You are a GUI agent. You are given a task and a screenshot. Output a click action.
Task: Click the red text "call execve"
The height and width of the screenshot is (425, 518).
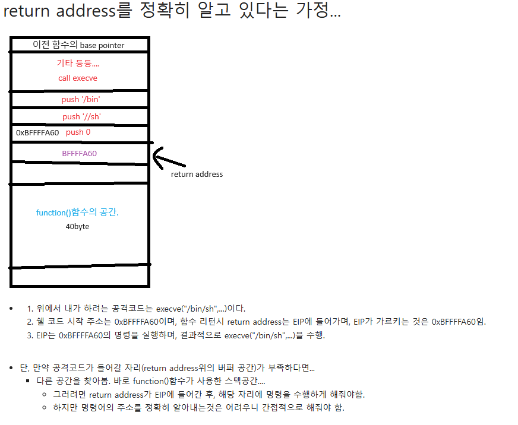click(x=78, y=78)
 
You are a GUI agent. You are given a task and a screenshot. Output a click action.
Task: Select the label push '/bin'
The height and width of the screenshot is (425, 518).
click(x=80, y=99)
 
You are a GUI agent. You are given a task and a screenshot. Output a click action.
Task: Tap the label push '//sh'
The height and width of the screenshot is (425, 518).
click(x=81, y=116)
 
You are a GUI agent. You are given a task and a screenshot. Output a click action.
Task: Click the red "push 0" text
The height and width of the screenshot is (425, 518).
click(x=78, y=132)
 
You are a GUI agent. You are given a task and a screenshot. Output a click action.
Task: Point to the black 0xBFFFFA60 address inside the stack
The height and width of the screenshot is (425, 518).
click(x=37, y=132)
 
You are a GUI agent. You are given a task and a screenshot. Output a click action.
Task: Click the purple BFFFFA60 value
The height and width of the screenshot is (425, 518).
click(x=79, y=153)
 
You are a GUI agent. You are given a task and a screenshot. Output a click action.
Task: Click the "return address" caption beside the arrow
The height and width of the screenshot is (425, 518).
click(x=197, y=174)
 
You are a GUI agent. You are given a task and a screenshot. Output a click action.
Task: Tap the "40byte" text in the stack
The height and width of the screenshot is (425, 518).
click(x=77, y=226)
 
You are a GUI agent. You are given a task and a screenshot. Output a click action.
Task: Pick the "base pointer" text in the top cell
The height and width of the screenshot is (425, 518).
click(x=102, y=45)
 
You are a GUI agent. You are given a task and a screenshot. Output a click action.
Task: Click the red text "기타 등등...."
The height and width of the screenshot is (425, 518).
click(x=78, y=63)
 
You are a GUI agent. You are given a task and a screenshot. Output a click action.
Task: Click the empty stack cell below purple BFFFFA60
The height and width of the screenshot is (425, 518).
click(x=79, y=173)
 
